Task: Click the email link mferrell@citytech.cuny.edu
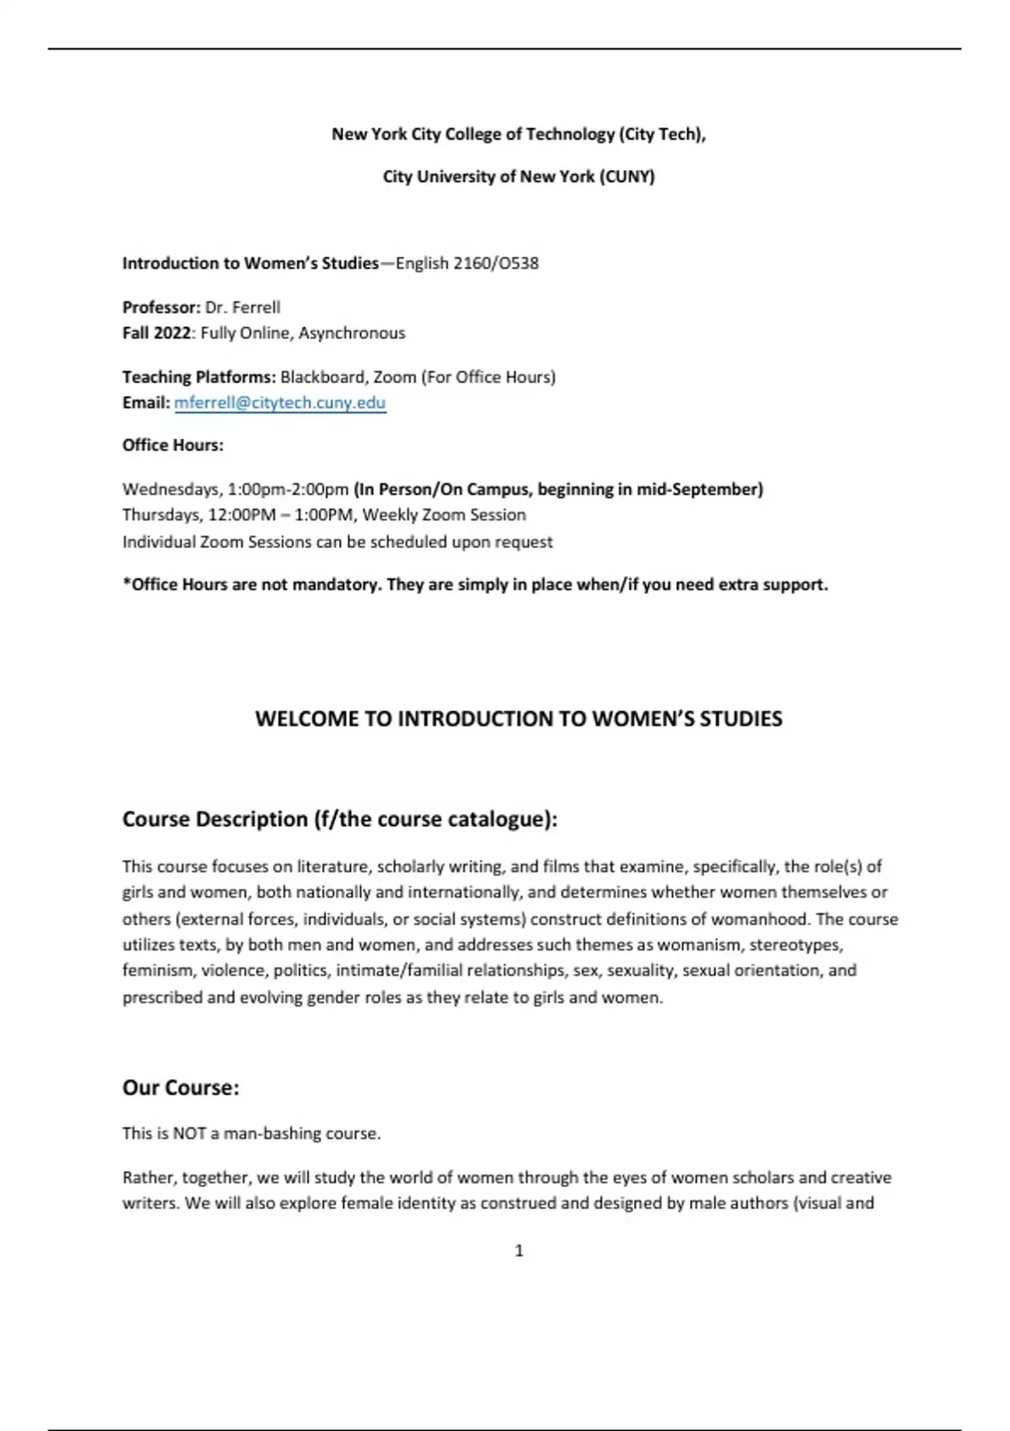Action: point(279,402)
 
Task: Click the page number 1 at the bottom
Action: point(518,1251)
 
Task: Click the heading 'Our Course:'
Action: point(181,1088)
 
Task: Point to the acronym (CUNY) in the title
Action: point(627,177)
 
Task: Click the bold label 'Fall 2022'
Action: point(157,333)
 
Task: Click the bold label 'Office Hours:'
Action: point(173,445)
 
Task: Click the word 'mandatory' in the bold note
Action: point(335,585)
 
